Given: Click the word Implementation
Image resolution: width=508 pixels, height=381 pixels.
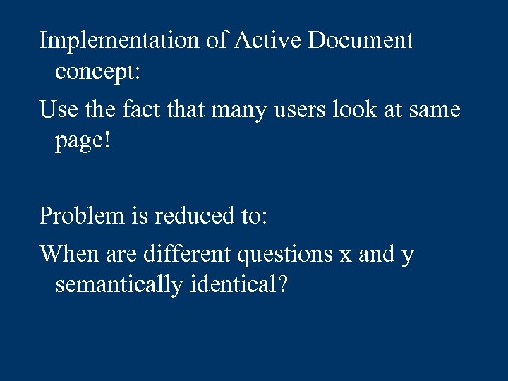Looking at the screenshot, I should (119, 41).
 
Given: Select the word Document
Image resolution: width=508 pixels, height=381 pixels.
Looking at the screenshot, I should (359, 41).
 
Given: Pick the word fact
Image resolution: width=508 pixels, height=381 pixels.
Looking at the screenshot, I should (150, 110).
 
